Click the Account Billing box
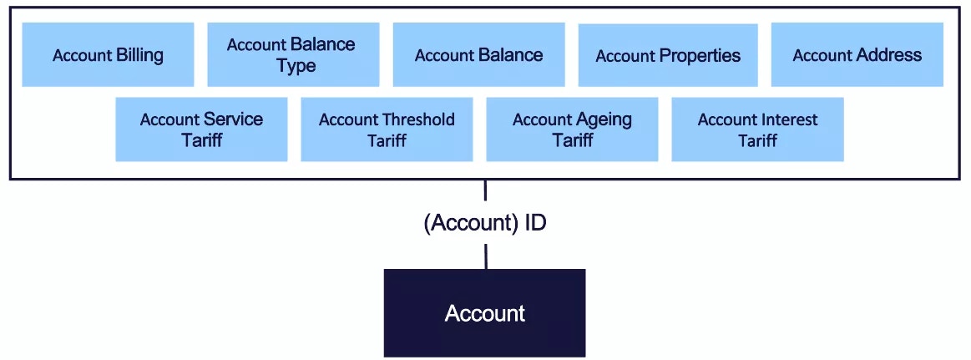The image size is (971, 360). tap(108, 54)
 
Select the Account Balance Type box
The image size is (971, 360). tap(293, 54)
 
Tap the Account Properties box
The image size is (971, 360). tap(668, 55)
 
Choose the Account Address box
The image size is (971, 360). tap(857, 54)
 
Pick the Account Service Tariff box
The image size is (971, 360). tap(201, 129)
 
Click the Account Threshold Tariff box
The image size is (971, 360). tap(387, 129)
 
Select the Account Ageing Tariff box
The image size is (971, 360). tap(572, 129)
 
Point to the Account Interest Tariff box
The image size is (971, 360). tap(757, 129)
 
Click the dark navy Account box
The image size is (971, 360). tap(484, 313)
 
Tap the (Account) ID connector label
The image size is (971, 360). tap(485, 223)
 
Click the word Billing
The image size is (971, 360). tap(139, 55)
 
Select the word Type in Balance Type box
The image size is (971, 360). tap(296, 66)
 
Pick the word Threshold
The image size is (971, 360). tap(418, 119)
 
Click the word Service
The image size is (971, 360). tap(232, 119)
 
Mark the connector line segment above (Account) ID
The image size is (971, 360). tap(485, 190)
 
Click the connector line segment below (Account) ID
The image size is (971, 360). tap(486, 256)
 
